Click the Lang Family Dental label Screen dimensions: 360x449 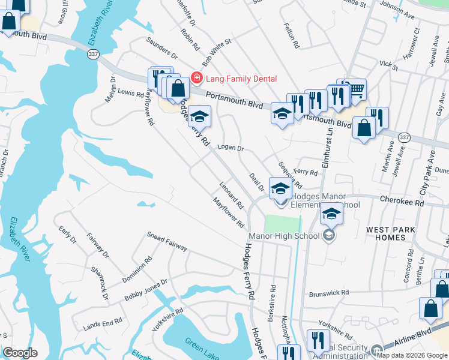click(x=241, y=79)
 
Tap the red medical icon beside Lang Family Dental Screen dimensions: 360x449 click(x=196, y=78)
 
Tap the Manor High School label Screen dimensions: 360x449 click(x=284, y=236)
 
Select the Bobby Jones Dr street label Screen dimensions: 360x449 click(x=145, y=291)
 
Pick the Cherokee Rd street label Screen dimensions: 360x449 click(x=402, y=202)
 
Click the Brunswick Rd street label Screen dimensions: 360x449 click(x=328, y=293)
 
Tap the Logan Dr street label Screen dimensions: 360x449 click(x=231, y=148)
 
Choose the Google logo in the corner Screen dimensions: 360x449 click(x=20, y=352)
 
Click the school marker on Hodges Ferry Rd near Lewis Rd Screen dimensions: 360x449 click(x=200, y=116)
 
